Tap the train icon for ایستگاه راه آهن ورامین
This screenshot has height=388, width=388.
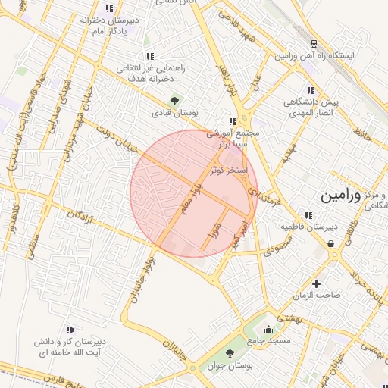pyautogui.click(x=314, y=45)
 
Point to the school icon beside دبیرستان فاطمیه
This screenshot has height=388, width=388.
pyautogui.click(x=307, y=214)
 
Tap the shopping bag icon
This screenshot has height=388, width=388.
pyautogui.click(x=333, y=243)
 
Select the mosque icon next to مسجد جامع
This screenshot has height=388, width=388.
pyautogui.click(x=268, y=329)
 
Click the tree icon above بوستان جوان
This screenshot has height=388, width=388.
pyautogui.click(x=230, y=353)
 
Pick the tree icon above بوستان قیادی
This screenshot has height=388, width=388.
pyautogui.click(x=175, y=100)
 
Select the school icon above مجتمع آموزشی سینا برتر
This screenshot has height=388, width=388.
pyautogui.click(x=233, y=120)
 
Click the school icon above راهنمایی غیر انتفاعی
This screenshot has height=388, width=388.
pyautogui.click(x=151, y=55)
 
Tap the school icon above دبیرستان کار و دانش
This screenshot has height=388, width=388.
pyautogui.click(x=70, y=330)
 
